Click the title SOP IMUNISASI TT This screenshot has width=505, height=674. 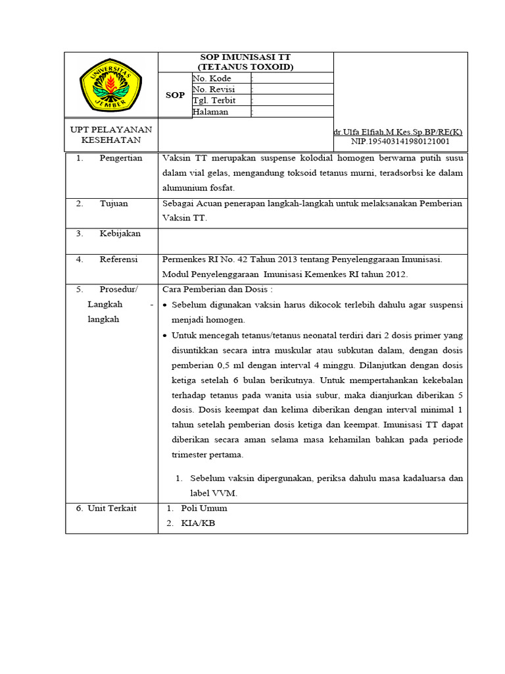click(x=246, y=57)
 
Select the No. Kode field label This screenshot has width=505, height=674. click(x=212, y=78)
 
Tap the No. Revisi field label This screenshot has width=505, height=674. click(x=214, y=90)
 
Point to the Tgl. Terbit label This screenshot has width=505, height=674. click(x=214, y=101)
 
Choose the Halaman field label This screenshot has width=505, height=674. click(x=210, y=112)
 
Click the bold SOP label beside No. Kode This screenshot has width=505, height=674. click(x=175, y=95)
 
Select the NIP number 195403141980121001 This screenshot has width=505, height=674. click(x=400, y=141)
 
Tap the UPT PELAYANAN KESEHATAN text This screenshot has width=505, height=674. click(x=111, y=135)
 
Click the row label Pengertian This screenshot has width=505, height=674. click(x=121, y=159)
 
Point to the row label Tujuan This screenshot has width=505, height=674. click(x=114, y=203)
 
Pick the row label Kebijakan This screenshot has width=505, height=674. click(x=120, y=234)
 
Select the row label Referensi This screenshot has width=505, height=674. click(x=118, y=259)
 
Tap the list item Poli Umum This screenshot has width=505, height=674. click(x=204, y=508)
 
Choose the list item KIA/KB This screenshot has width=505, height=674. click(x=198, y=523)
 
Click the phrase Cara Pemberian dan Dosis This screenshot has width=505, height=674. click(x=217, y=290)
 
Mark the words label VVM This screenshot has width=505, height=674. click(x=203, y=493)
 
